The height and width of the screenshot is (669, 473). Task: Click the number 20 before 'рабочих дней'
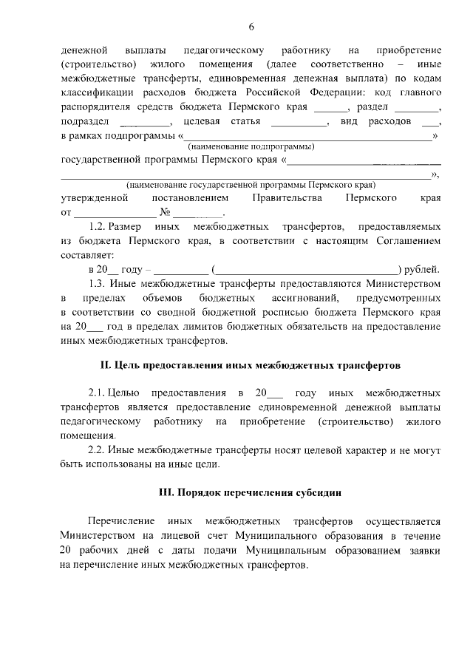click(67, 549)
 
